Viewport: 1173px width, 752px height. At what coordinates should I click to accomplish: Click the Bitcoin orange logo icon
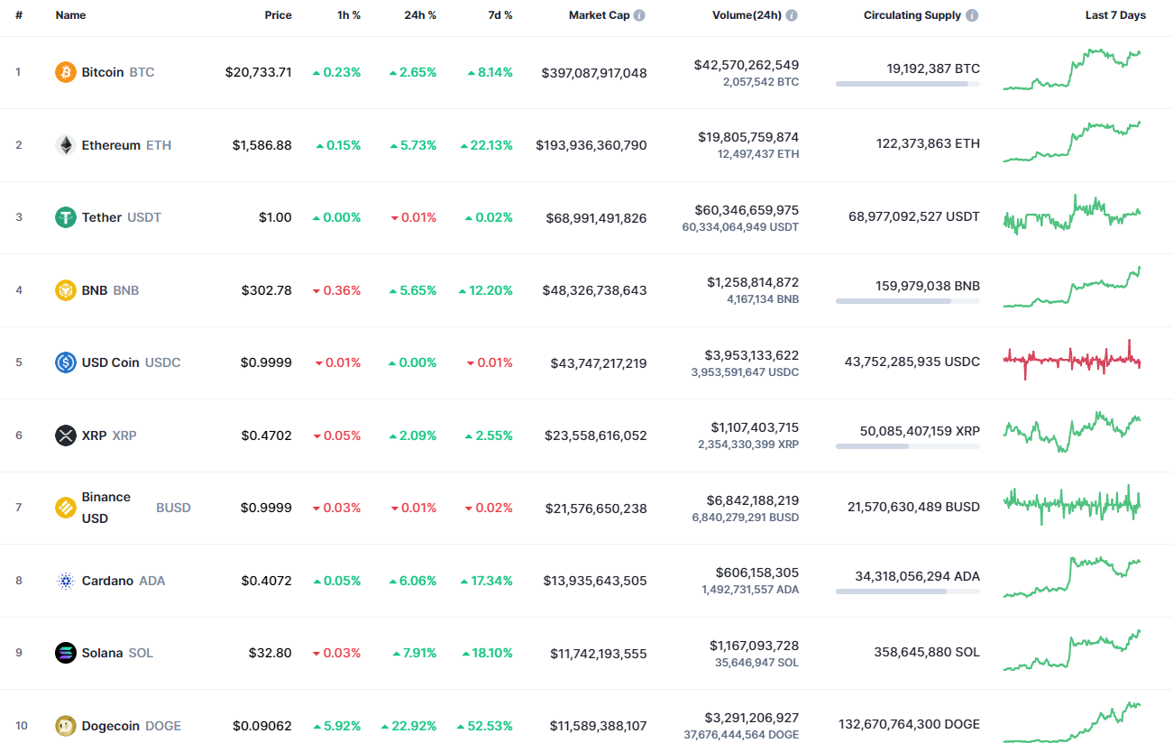pos(66,72)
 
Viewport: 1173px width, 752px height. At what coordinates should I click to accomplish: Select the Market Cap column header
pos(599,15)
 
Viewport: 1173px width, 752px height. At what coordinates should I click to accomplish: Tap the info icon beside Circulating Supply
pos(972,15)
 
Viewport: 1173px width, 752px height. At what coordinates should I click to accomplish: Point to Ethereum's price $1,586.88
pos(261,145)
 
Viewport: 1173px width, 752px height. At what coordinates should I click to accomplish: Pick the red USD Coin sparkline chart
pos(1072,360)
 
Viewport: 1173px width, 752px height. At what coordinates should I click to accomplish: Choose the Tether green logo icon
pos(66,217)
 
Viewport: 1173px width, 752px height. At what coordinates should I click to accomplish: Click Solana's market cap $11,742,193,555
pos(598,653)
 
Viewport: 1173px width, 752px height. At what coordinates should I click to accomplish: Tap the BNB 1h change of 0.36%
pos(336,290)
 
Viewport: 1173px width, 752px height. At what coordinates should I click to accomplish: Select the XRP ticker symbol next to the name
pos(124,436)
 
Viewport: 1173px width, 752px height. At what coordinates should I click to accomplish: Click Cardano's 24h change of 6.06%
pos(413,581)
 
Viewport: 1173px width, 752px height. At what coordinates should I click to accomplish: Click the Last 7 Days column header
pos(1115,15)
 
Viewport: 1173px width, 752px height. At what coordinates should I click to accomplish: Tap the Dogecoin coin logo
pos(66,726)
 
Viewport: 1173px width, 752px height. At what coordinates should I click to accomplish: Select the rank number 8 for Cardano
pos(19,581)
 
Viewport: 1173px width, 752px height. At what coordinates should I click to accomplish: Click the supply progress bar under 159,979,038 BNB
pos(907,300)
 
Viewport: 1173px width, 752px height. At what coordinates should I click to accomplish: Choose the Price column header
pos(278,15)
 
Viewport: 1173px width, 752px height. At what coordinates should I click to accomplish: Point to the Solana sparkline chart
pos(1072,651)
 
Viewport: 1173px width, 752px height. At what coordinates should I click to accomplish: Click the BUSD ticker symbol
pos(173,508)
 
